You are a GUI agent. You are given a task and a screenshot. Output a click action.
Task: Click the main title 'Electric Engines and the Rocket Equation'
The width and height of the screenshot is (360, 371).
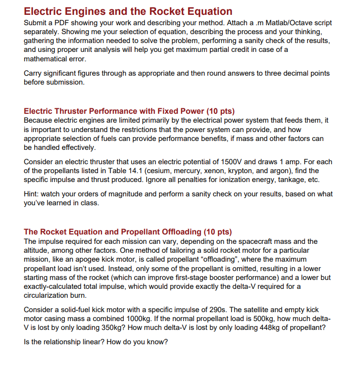pyautogui.click(x=128, y=11)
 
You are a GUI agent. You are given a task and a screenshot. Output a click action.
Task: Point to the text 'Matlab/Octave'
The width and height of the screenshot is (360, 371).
pyautogui.click(x=286, y=23)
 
